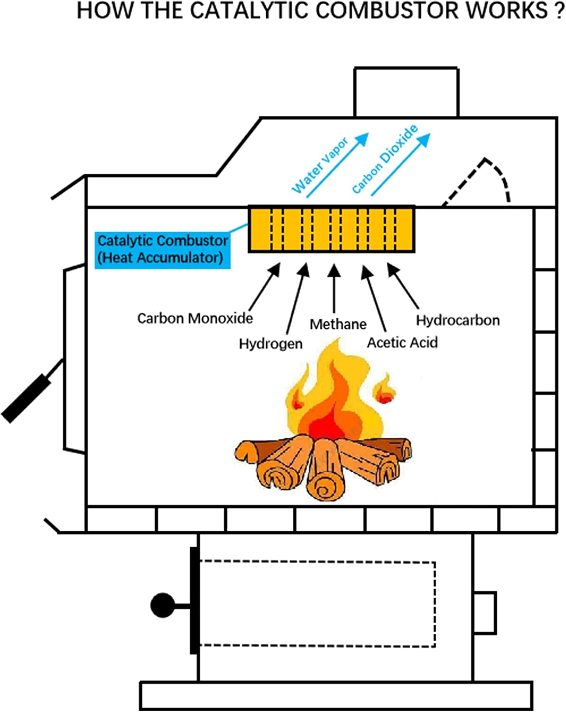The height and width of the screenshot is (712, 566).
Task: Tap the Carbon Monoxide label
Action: [195, 318]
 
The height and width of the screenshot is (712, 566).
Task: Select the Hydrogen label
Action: [270, 343]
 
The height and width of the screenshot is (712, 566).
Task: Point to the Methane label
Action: [338, 324]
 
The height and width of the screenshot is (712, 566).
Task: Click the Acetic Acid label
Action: [402, 342]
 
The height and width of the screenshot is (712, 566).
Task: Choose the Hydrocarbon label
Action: [458, 320]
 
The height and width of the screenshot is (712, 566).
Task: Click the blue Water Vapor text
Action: [320, 165]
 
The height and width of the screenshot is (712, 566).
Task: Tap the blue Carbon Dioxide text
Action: [385, 159]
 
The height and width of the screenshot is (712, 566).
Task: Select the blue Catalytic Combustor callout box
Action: [163, 250]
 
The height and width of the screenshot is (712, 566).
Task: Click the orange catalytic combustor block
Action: [332, 229]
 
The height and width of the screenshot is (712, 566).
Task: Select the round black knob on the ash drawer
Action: [163, 605]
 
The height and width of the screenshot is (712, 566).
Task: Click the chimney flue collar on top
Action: [406, 92]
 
